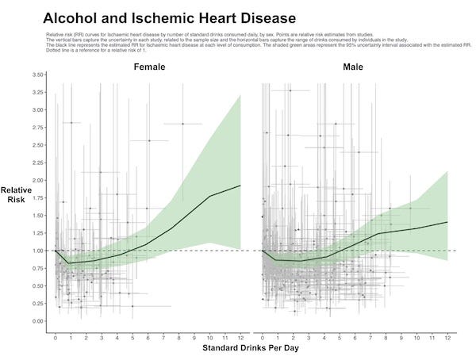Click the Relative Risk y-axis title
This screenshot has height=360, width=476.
(16, 195)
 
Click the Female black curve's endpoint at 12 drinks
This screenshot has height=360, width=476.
(240, 186)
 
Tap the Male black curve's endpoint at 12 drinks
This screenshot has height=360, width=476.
(447, 222)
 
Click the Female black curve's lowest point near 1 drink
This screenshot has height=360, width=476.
(70, 263)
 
